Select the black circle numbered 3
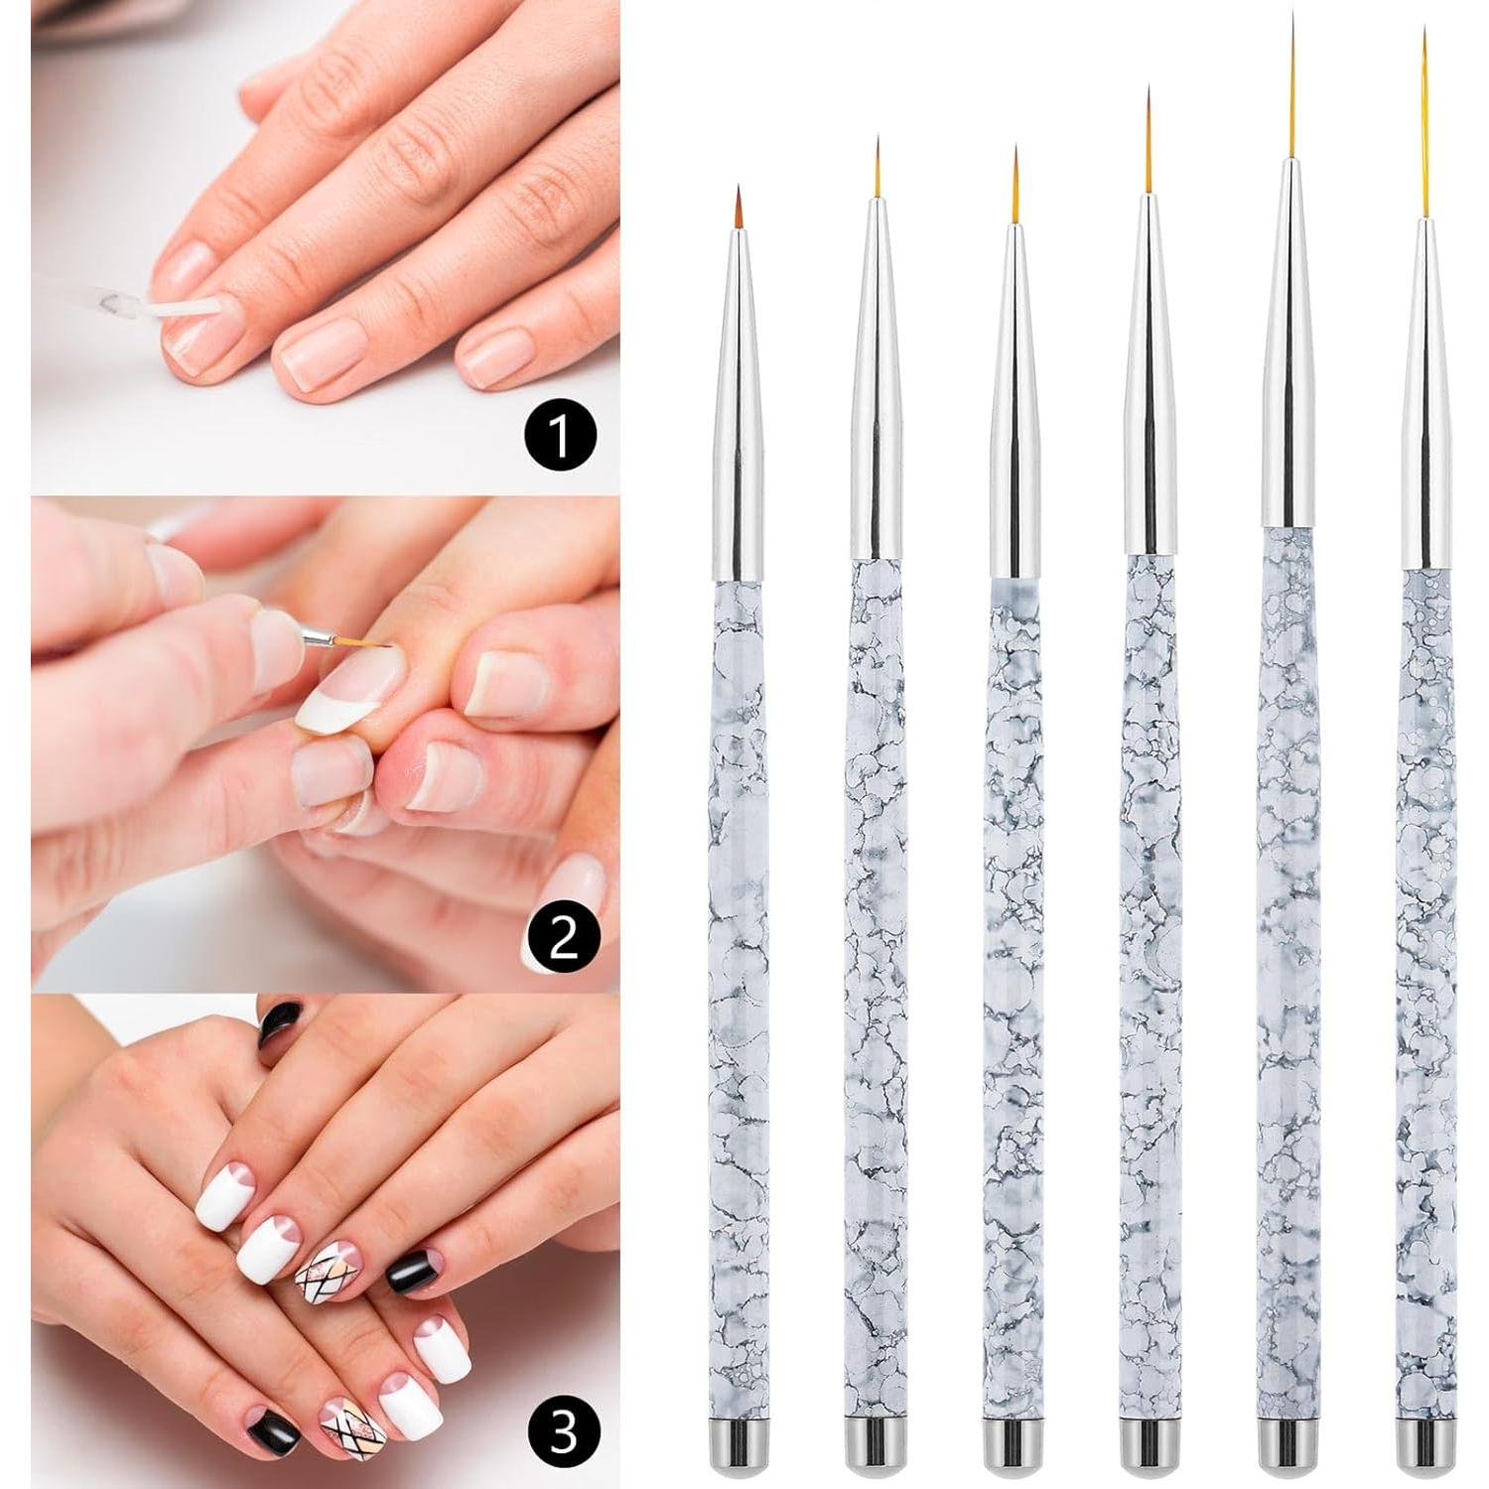pos(564,1432)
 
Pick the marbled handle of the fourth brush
pos(1151,993)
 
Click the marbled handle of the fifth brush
pos(1289,993)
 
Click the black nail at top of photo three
pos(281,1018)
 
